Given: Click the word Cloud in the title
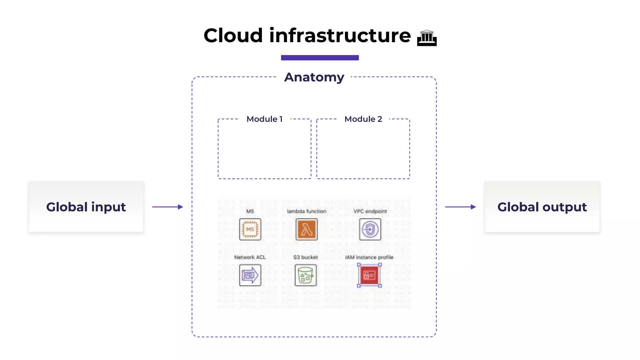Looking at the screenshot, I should coord(233,36).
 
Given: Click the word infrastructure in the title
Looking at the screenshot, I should coord(340,36).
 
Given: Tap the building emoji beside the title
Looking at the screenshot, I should coord(427,38).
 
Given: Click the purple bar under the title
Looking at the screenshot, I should coord(320,57).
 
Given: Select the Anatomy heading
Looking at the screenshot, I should coord(314,77).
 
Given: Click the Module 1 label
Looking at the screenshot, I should coord(264,119).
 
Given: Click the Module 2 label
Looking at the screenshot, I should coord(363,119).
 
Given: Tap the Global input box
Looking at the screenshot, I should coord(86,207).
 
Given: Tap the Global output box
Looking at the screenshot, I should coord(542,207).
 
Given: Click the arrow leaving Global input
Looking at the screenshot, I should coord(167,207).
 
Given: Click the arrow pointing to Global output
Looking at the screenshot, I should coord(460,207).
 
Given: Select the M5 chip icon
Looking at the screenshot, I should coord(250,229).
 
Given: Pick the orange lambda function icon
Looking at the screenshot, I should coord(306,229).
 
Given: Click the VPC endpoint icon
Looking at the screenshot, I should coord(370,229).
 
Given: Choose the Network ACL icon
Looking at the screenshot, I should coord(250,275).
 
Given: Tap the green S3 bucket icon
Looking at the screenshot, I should coord(306,275).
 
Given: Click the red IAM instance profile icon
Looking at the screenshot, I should coord(369,275).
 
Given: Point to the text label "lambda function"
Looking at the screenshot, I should coord(306,211).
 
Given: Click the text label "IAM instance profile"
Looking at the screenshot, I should coord(369,257).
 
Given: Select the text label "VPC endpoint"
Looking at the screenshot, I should coord(370,211).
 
